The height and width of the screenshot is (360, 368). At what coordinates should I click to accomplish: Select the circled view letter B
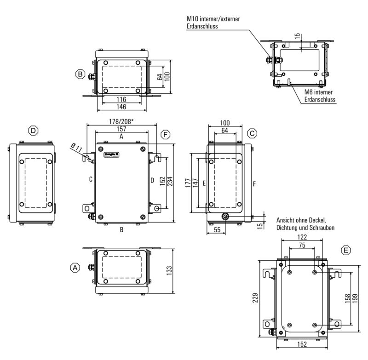click(80, 74)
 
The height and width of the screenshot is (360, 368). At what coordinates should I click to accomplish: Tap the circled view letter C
click(252, 133)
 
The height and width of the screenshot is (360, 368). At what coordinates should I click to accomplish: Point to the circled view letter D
click(33, 131)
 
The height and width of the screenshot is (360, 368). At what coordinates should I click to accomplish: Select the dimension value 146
click(121, 107)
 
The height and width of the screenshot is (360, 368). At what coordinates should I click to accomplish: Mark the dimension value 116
click(121, 99)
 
